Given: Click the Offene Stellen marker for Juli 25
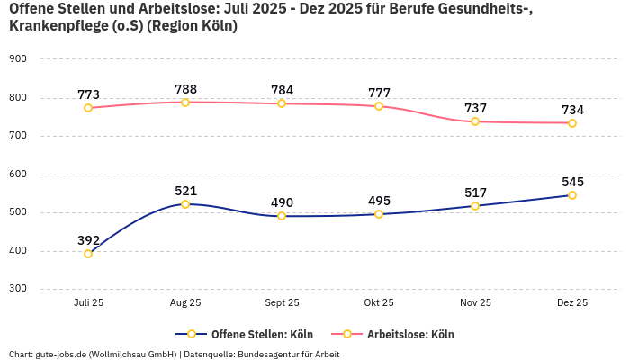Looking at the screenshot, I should [88, 254].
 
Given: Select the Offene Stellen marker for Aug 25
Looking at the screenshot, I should [185, 204].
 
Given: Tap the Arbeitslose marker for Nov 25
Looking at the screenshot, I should [475, 121].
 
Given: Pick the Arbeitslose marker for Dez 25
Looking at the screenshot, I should [572, 122].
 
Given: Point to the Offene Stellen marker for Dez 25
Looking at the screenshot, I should [572, 195].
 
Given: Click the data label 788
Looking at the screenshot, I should [185, 89].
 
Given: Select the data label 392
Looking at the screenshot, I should [88, 240].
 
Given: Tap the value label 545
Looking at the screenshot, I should [572, 182].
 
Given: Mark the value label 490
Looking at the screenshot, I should [282, 202].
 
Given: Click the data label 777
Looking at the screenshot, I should [379, 94].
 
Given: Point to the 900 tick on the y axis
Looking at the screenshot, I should [18, 59].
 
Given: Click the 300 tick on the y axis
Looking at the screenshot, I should [18, 289].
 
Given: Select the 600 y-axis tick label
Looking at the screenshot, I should [18, 175].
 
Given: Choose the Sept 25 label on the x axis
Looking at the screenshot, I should [282, 303].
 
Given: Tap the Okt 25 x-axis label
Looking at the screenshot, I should [379, 303].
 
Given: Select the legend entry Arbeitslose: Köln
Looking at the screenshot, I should [410, 335].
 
